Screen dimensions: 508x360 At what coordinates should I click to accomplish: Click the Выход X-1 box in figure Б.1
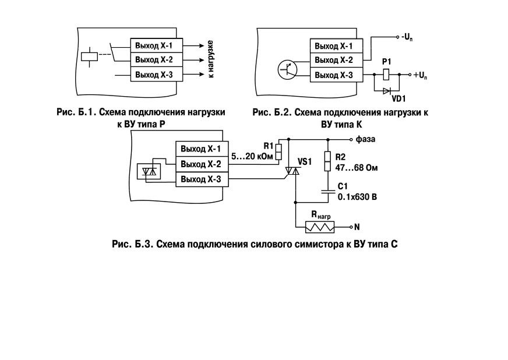[x=157, y=45]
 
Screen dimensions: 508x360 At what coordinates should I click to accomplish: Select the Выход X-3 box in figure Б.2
[x=336, y=75]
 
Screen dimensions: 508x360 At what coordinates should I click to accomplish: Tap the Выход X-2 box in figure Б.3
[x=202, y=164]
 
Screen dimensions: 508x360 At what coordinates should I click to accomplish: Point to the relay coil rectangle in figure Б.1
[x=89, y=57]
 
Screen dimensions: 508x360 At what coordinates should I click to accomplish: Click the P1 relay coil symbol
[x=386, y=75]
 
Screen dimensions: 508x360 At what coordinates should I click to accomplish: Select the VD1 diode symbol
[x=387, y=91]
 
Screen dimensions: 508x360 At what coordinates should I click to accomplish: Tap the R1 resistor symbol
[x=278, y=152]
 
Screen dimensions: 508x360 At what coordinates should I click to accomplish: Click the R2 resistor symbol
[x=328, y=161]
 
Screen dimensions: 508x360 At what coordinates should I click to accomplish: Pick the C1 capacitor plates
[x=328, y=192]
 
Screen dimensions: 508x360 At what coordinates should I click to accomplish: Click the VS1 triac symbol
[x=292, y=171]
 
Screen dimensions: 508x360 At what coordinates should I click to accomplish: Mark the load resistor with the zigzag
[x=320, y=227]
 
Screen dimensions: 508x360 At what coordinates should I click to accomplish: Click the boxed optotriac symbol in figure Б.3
[x=149, y=171]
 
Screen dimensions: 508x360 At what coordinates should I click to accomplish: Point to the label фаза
[x=365, y=139]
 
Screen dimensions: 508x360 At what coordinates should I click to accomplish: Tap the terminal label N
[x=357, y=227]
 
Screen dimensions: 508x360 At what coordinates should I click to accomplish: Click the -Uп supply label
[x=407, y=37]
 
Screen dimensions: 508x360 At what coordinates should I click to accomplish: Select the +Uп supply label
[x=420, y=76]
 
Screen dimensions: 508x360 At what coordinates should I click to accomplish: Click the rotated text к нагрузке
[x=210, y=59]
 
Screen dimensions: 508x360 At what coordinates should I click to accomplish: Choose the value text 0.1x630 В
[x=357, y=197]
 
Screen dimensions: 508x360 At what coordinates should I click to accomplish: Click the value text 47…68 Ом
[x=357, y=168]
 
